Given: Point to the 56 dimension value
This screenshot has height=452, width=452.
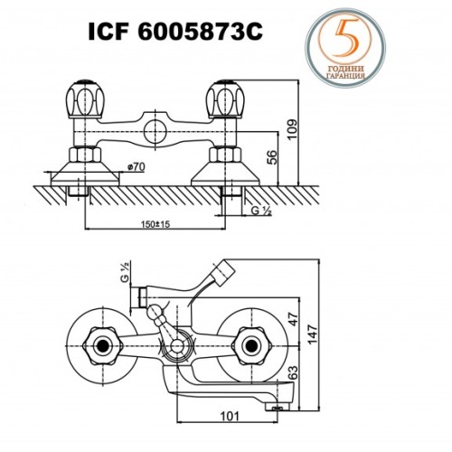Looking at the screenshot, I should [x=271, y=157].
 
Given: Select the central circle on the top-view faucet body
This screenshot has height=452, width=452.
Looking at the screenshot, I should [x=156, y=125].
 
